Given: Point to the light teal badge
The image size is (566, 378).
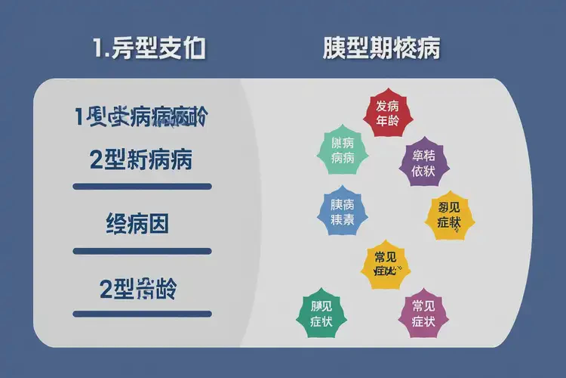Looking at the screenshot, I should coord(343,150).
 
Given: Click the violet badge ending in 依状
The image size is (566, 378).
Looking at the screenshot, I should coord(423,163).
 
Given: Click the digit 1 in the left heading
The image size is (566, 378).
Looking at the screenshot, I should coord(98,50).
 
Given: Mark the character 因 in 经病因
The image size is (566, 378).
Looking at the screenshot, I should coord(158,224).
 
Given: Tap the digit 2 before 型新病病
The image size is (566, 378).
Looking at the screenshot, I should coord(96,160).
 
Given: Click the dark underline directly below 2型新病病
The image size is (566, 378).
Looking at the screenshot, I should coord(141,186).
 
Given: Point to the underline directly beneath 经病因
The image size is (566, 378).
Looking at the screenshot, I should coord(141,251).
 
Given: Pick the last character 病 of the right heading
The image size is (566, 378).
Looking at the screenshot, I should coord(429,49).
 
